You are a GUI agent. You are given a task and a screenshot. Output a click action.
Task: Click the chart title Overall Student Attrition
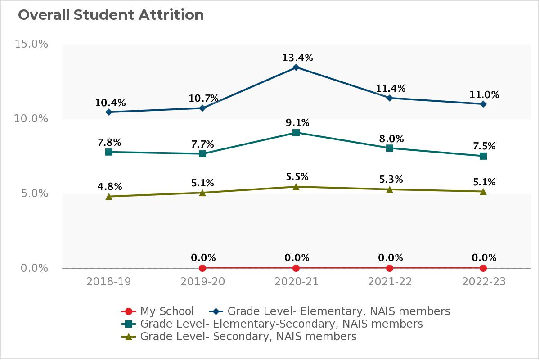coord(111,15)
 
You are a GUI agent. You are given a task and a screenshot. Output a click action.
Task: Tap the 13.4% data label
coord(297,58)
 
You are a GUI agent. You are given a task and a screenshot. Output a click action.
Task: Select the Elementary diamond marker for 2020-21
coord(296,67)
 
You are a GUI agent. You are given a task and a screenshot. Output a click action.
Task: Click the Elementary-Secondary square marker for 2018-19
coord(109,152)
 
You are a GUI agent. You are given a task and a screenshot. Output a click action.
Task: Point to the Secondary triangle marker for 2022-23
coord(483,191)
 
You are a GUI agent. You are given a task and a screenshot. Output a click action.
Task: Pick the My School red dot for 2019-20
coord(202,268)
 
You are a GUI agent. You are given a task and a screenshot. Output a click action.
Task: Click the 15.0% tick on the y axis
coord(31,44)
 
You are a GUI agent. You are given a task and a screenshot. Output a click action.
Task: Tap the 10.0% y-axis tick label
coord(31,119)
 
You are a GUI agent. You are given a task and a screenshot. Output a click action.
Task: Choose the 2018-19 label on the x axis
coord(109,282)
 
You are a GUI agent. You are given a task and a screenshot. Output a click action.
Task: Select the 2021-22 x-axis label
coord(390,282)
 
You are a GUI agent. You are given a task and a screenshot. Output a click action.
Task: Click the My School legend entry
coord(158,311)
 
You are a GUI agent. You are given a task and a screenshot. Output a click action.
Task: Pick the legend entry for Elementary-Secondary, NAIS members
coord(272,324)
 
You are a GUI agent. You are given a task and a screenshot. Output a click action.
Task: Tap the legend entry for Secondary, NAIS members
coord(239,336)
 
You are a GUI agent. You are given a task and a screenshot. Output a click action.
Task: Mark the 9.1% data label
coord(297,123)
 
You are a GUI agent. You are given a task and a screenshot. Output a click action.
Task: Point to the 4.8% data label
coord(110,186)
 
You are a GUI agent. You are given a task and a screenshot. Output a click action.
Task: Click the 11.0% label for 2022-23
coord(484,94)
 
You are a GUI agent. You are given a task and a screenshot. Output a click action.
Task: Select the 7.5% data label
coord(484,146)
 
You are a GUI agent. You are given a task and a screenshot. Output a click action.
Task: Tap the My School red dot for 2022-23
coord(483,268)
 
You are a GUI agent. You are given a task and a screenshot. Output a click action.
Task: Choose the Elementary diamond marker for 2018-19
coord(109,112)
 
